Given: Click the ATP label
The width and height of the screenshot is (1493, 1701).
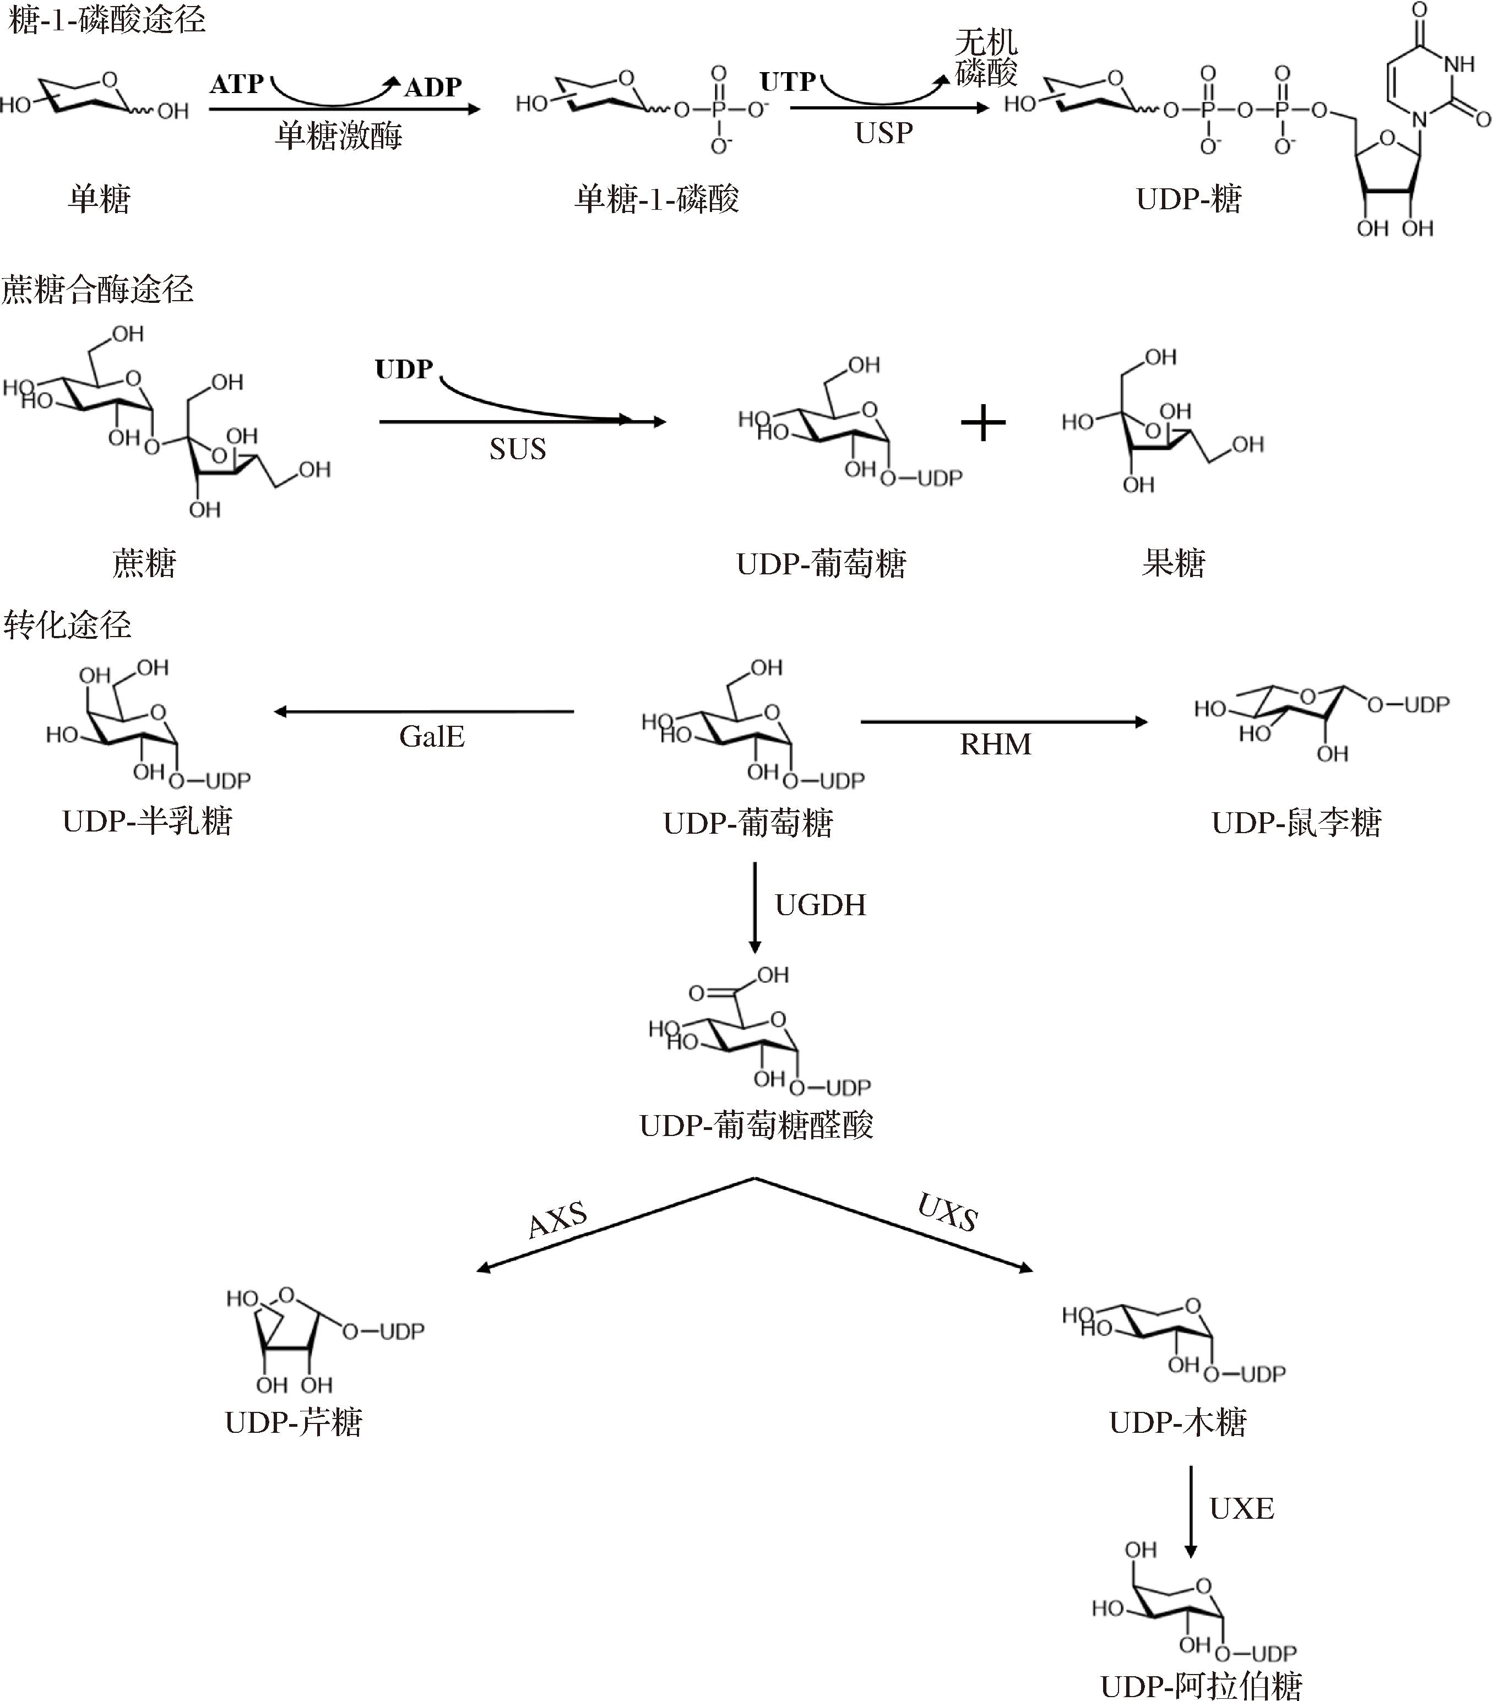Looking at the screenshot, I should pyautogui.click(x=237, y=84).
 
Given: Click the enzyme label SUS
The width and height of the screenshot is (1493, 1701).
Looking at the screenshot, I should pyautogui.click(x=518, y=449).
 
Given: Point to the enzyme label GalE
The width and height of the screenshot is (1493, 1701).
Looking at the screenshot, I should pyautogui.click(x=431, y=736).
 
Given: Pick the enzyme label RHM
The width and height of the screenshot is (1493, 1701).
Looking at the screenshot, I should pyautogui.click(x=995, y=744).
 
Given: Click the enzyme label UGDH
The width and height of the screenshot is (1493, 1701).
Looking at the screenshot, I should pyautogui.click(x=821, y=905).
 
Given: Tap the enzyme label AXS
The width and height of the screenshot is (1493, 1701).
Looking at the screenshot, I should pyautogui.click(x=557, y=1220).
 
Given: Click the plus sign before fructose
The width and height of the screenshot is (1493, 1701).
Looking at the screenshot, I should pyautogui.click(x=983, y=423).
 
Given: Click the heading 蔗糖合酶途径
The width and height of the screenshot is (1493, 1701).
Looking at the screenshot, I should pyautogui.click(x=97, y=290).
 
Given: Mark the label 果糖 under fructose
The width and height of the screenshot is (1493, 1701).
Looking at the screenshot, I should pyautogui.click(x=1174, y=563).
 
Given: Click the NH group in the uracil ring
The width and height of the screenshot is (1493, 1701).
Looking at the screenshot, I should pyautogui.click(x=1459, y=64).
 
